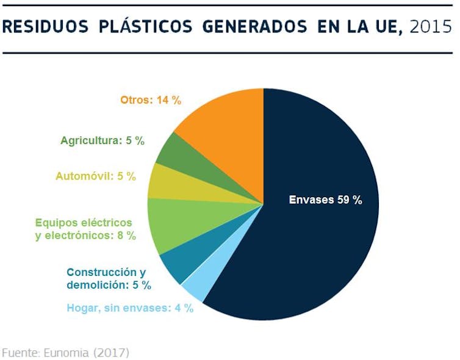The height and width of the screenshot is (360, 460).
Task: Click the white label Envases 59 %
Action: click(325, 200)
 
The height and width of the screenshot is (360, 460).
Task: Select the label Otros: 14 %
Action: click(151, 100)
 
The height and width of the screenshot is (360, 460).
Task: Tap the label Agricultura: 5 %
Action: click(102, 140)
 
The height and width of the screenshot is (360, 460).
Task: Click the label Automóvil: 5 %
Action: click(96, 176)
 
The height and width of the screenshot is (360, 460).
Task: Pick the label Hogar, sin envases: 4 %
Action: click(130, 308)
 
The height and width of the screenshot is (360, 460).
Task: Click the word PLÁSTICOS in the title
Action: click(140, 27)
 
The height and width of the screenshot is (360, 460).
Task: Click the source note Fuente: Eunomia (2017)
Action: click(66, 353)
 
